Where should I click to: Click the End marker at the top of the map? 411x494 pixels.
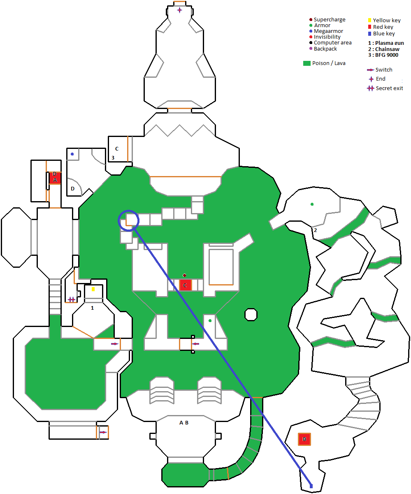(x=179, y=10)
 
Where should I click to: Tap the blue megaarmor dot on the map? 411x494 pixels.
(x=72, y=154)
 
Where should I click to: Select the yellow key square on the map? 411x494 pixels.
(x=93, y=289)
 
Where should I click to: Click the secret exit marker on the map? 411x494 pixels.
(x=72, y=299)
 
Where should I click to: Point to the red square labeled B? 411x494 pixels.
(x=304, y=439)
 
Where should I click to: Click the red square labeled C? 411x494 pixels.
(x=185, y=285)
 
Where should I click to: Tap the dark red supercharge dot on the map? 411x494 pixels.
(x=184, y=275)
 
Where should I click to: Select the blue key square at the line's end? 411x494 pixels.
(x=311, y=486)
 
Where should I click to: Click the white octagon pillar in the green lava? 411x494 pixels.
(x=251, y=315)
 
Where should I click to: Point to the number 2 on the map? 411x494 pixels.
(x=315, y=230)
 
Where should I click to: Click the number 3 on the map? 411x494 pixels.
(x=113, y=158)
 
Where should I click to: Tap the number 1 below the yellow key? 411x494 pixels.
(x=92, y=308)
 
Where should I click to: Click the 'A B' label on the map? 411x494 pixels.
(x=184, y=422)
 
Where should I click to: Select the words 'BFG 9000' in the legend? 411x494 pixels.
(x=387, y=55)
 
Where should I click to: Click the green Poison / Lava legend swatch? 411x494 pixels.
(x=307, y=63)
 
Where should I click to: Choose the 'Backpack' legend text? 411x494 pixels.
(x=325, y=49)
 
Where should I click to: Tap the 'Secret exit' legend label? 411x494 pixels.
(x=389, y=88)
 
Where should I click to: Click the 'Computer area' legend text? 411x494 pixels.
(x=332, y=43)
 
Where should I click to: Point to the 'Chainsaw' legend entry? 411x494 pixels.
(x=387, y=49)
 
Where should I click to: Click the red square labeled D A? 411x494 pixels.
(x=55, y=178)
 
